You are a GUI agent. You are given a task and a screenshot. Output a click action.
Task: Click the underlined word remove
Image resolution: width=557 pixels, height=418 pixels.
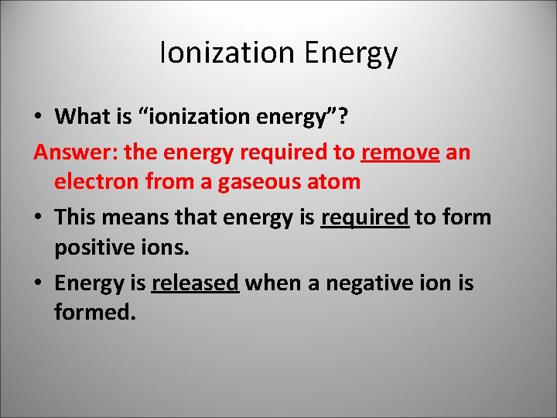[x=400, y=152]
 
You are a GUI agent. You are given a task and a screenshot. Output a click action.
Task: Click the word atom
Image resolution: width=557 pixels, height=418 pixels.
[x=333, y=182]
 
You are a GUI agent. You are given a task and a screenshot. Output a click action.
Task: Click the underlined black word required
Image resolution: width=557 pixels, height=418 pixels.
[x=364, y=218]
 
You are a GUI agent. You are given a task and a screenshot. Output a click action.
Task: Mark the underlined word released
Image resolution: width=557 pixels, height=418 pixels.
[x=195, y=283]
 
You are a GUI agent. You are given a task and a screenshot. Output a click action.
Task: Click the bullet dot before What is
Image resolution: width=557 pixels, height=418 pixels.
[x=39, y=118]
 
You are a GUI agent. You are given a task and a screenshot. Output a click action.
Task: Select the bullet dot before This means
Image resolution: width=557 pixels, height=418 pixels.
[x=39, y=218]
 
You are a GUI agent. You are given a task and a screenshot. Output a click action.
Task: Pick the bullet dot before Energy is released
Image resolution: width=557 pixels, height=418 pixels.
[x=39, y=284]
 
